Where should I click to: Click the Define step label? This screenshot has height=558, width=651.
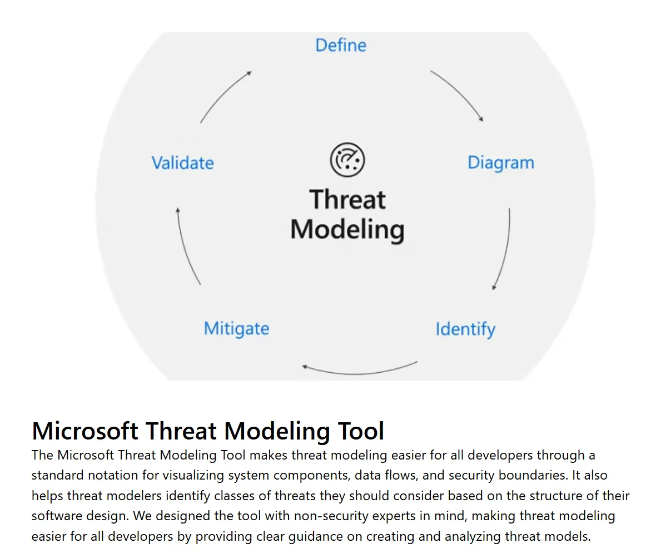(341, 45)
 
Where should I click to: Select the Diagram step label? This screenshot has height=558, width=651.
(500, 163)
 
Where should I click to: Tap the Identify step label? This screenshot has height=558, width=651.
(465, 329)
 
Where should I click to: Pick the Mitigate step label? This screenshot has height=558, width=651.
(236, 328)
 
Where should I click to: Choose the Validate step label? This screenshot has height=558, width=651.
(182, 163)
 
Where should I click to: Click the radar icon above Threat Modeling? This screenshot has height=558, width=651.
(347, 160)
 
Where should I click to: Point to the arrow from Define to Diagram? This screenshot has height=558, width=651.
(458, 95)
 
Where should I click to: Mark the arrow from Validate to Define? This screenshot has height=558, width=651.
(225, 96)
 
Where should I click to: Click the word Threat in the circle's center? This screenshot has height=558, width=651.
(347, 200)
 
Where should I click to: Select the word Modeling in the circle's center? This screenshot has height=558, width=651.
(347, 230)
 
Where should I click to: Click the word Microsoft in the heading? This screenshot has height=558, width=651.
(85, 431)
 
